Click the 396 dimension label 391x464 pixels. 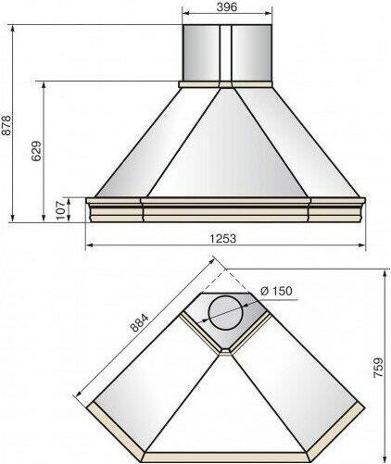227,6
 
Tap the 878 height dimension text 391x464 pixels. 6,125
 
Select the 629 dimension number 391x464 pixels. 36,151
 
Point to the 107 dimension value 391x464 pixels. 61,210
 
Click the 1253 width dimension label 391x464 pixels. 223,238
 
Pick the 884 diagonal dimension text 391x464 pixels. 139,322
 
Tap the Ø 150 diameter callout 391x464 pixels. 276,291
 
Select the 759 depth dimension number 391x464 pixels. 379,368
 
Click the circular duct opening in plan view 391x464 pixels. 226,313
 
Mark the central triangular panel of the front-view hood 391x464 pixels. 227,148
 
